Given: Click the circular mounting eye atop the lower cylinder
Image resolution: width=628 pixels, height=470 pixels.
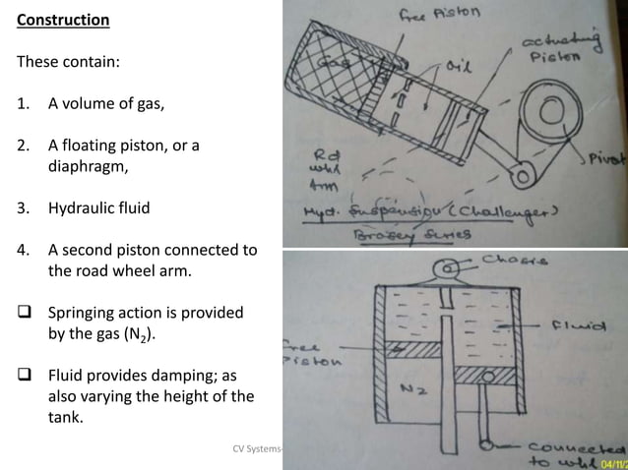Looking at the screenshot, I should pyautogui.click(x=448, y=268).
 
